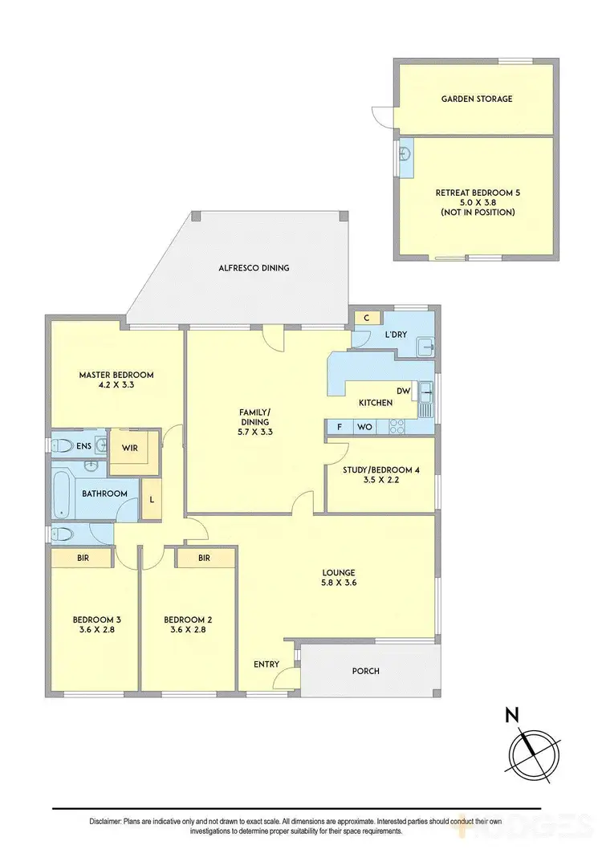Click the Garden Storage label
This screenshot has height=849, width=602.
[x=476, y=99]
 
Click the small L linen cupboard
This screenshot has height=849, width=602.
[x=151, y=500]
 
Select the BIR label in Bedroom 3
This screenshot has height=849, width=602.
[x=82, y=557]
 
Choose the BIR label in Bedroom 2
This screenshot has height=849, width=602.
[x=204, y=557]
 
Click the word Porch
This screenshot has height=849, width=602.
[x=365, y=671]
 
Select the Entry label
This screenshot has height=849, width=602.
[x=266, y=664]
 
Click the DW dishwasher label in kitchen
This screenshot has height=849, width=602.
[x=403, y=391]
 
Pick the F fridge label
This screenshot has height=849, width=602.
[x=340, y=427]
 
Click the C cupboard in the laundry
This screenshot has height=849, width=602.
[x=366, y=318]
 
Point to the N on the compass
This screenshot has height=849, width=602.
[x=510, y=714]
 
